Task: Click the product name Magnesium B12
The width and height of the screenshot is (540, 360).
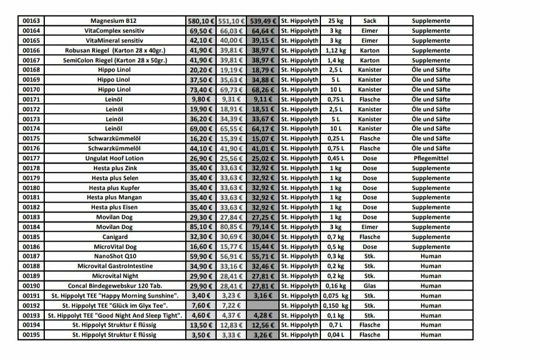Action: (x=114, y=21)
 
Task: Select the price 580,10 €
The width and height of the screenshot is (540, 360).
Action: (x=201, y=21)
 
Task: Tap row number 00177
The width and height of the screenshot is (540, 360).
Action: (x=31, y=158)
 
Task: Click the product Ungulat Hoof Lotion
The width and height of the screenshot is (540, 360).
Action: (x=114, y=158)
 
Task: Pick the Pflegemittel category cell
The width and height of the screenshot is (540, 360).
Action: (x=430, y=158)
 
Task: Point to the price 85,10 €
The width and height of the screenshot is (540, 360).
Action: (x=201, y=227)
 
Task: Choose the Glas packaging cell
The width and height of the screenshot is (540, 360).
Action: (x=369, y=286)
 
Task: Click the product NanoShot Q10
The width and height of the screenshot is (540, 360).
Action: (x=114, y=256)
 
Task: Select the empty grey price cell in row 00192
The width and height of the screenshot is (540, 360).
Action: (x=263, y=305)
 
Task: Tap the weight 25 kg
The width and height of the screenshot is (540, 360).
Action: (x=335, y=21)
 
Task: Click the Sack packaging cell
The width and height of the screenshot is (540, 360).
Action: (x=369, y=21)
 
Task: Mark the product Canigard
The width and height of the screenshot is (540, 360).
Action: (x=114, y=237)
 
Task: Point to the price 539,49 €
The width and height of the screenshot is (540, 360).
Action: (x=263, y=21)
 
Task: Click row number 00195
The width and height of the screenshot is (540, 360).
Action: (x=31, y=335)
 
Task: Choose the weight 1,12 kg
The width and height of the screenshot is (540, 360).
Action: (x=335, y=50)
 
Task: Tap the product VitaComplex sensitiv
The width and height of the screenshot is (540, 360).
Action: (x=114, y=31)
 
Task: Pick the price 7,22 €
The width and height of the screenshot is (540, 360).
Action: (x=232, y=305)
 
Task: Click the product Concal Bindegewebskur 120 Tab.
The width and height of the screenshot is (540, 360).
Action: (x=114, y=286)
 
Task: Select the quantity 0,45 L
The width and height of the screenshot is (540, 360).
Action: (x=335, y=158)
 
